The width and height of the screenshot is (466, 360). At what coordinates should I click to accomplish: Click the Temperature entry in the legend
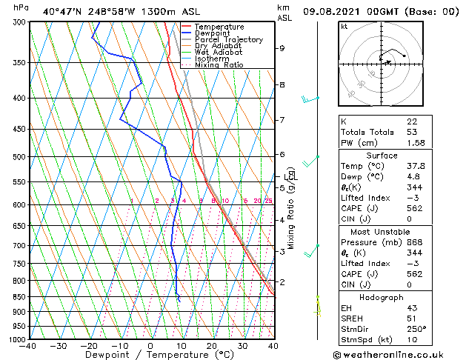click(x=219, y=27)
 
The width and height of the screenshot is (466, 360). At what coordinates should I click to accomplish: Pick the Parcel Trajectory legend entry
click(x=228, y=40)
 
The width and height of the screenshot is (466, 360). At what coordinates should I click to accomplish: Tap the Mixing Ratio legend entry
click(x=219, y=65)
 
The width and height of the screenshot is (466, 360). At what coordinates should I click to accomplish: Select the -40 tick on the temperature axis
click(x=28, y=346)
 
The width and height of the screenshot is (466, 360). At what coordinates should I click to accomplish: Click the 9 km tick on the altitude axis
click(x=282, y=48)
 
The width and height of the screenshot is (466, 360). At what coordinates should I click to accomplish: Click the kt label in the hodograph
click(x=344, y=26)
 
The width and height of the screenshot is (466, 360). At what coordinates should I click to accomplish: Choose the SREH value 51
click(x=410, y=318)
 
